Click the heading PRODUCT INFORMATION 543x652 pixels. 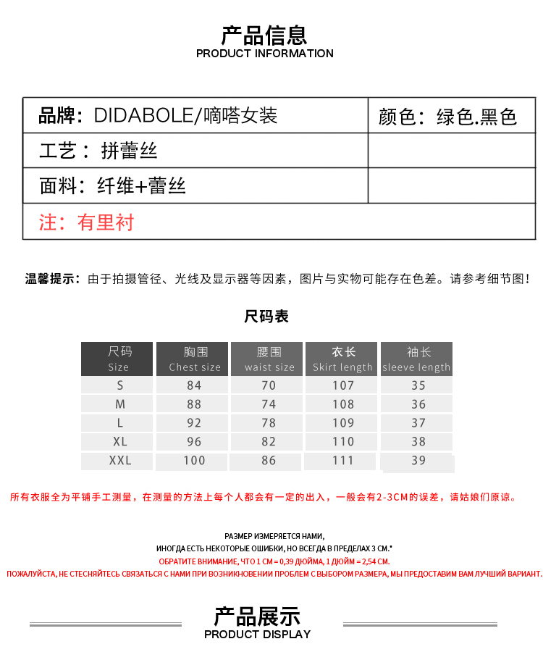point(264,54)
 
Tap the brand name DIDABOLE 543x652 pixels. point(143,115)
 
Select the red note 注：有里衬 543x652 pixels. point(87,222)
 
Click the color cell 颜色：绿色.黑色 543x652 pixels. point(447,117)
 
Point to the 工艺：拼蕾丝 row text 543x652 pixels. point(98,151)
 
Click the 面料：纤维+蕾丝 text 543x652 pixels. point(113,186)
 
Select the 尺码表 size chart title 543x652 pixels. point(266,317)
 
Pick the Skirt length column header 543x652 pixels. point(343,359)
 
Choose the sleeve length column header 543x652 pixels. point(417,359)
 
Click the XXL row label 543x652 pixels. point(120,460)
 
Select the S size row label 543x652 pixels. point(120,385)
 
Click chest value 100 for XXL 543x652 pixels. point(194,460)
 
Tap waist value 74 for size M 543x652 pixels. point(269,404)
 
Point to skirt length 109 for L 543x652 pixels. point(343,422)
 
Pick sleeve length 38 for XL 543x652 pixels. point(418,441)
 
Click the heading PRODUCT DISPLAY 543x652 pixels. point(257,634)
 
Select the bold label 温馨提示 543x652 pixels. point(52,279)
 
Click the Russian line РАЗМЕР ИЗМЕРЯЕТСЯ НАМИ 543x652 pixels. point(274,535)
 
